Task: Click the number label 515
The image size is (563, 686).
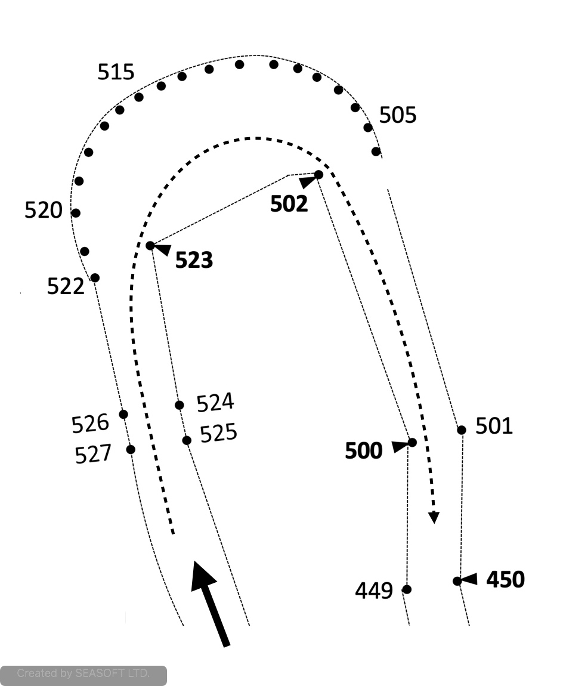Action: click(x=116, y=72)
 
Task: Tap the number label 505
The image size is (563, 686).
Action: click(x=398, y=115)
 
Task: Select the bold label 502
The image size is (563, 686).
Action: click(x=289, y=204)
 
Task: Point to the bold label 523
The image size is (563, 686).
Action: click(x=194, y=261)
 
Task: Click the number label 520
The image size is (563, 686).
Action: click(x=44, y=210)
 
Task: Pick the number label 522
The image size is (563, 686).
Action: click(x=66, y=286)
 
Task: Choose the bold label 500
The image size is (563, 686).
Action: click(x=364, y=452)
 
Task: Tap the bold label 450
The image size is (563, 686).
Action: click(x=506, y=579)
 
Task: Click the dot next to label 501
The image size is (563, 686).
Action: click(x=461, y=429)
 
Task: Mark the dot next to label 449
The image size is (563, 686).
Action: click(x=407, y=589)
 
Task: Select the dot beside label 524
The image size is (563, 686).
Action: click(x=180, y=405)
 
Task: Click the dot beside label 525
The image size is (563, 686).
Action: click(x=187, y=440)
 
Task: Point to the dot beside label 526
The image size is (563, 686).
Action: click(x=123, y=414)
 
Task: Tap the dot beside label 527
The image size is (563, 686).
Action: click(x=131, y=449)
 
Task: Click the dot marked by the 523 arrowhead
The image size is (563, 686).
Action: click(x=150, y=245)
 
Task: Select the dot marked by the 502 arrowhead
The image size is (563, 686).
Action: click(x=318, y=174)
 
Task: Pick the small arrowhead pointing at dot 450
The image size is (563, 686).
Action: click(x=470, y=579)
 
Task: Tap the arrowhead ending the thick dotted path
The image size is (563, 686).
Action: click(x=434, y=517)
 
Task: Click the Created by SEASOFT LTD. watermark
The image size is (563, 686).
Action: click(x=83, y=674)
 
